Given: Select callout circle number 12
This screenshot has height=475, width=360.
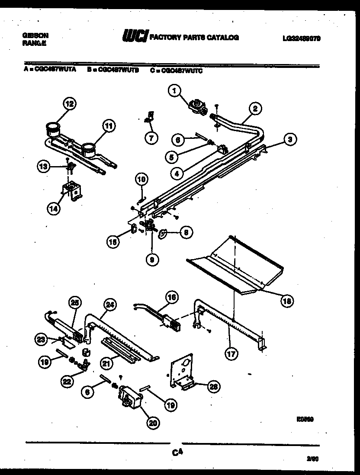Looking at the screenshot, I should click(x=69, y=104).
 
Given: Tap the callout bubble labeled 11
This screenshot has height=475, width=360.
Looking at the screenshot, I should click(x=109, y=126).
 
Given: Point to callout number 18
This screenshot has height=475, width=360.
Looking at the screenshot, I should click(x=285, y=301).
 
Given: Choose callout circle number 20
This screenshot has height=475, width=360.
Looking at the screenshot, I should click(x=152, y=423).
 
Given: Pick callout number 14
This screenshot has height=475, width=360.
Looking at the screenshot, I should click(x=54, y=209).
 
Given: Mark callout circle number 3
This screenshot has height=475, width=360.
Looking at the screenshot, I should click(x=291, y=139).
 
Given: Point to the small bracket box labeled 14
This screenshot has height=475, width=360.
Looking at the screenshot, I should click(x=71, y=191).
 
